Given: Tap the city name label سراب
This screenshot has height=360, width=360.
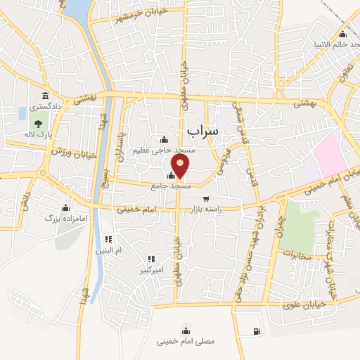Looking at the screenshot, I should click(x=204, y=131).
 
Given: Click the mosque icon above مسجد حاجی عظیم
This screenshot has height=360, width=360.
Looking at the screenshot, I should click(x=165, y=139).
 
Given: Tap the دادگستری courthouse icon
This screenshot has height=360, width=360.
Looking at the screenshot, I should click(x=45, y=96).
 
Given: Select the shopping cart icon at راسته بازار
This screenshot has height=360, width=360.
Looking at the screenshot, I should click(x=206, y=199).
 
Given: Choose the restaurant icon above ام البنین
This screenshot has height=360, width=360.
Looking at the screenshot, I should click(x=108, y=239).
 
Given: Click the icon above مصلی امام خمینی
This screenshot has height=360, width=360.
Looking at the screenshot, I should click(x=186, y=330).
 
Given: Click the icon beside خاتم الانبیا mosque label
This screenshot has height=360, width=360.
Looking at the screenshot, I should click(x=342, y=34).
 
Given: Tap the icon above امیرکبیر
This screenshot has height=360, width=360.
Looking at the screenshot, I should click(x=149, y=258).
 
